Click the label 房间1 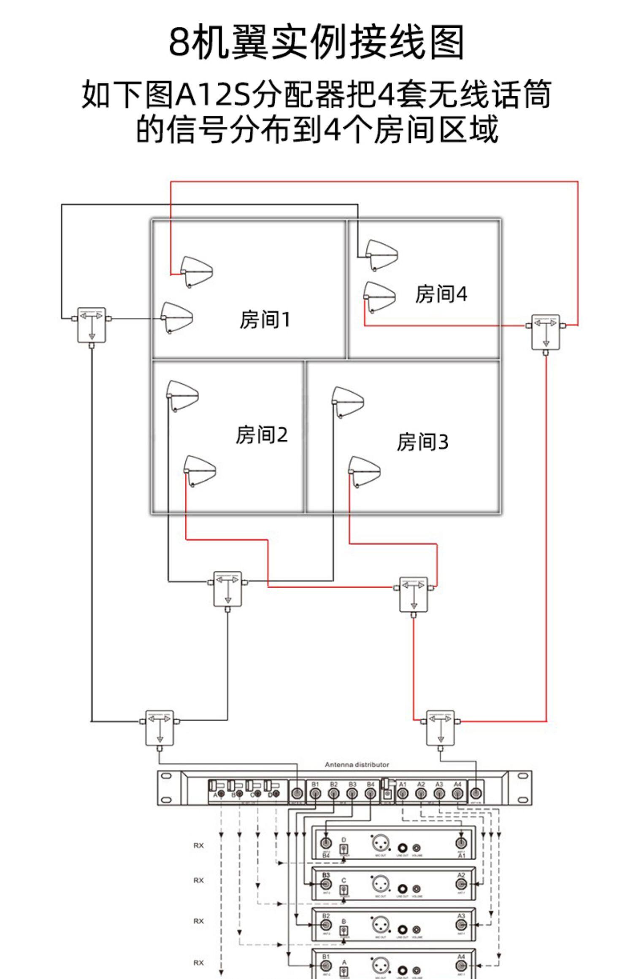(265, 320)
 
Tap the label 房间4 (441, 294)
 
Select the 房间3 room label (422, 442)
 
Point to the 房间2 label (262, 435)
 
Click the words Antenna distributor (357, 764)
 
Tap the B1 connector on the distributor (315, 793)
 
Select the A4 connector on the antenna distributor (458, 793)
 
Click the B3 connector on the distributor (352, 793)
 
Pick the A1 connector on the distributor (403, 793)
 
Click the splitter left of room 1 (92, 325)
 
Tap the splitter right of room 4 (545, 332)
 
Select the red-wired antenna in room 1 (196, 272)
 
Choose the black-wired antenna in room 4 (381, 255)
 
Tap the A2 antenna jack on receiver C (461, 884)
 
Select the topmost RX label (198, 846)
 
